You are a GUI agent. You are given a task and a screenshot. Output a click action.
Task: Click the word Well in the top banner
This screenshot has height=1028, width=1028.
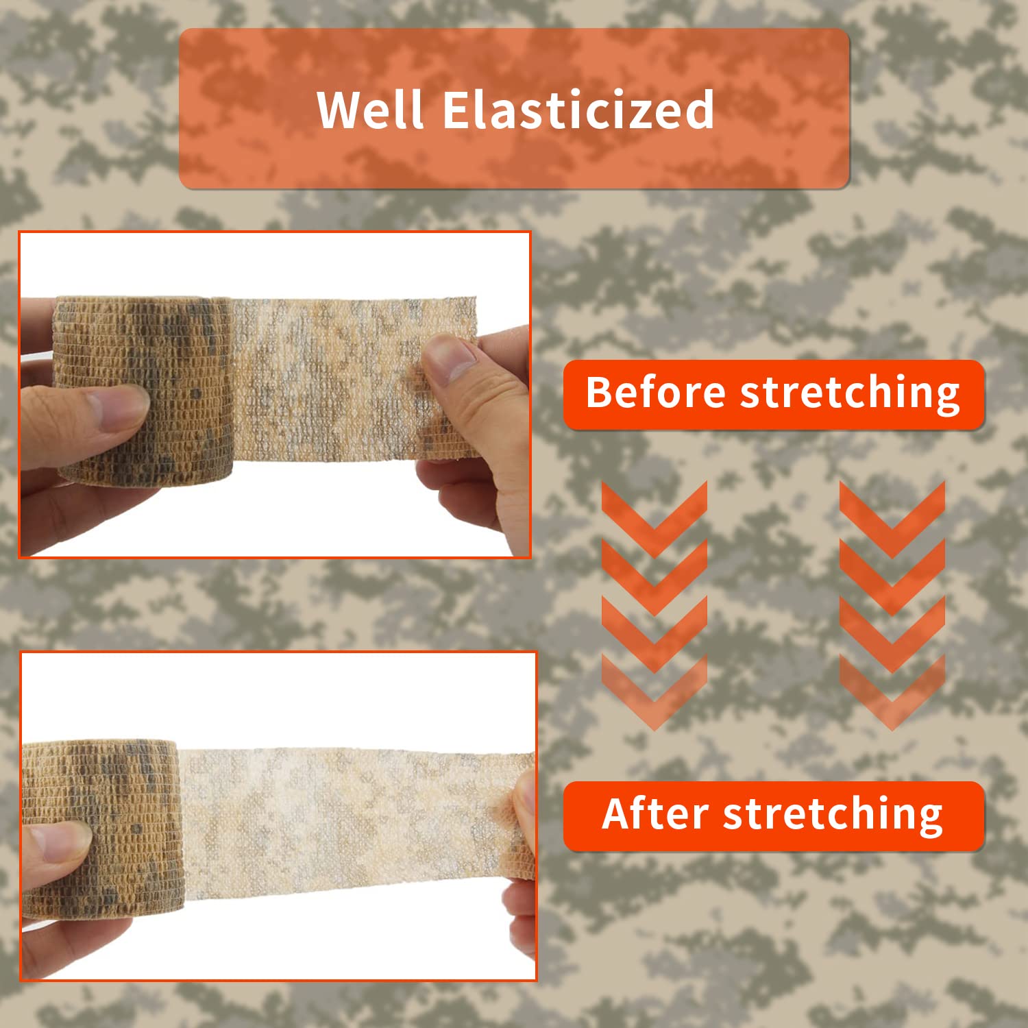pos(371,109)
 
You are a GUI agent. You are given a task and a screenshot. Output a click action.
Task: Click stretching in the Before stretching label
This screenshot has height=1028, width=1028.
pos(850,395)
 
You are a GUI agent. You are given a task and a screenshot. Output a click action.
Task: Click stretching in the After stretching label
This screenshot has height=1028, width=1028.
pos(833,816)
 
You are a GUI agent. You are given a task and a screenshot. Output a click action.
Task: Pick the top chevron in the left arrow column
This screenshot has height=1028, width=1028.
pos(654,517)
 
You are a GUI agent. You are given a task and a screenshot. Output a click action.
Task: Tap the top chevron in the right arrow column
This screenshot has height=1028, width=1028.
pos(892,517)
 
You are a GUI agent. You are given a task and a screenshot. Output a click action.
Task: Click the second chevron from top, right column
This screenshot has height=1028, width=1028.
pos(892,576)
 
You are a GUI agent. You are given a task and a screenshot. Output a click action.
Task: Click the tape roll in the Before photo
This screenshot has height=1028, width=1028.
pos(144,391)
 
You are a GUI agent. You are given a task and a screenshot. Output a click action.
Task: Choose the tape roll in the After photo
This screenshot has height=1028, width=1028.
pos(103,829)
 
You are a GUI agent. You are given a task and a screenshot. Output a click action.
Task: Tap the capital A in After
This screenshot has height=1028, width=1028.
pos(619,813)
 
